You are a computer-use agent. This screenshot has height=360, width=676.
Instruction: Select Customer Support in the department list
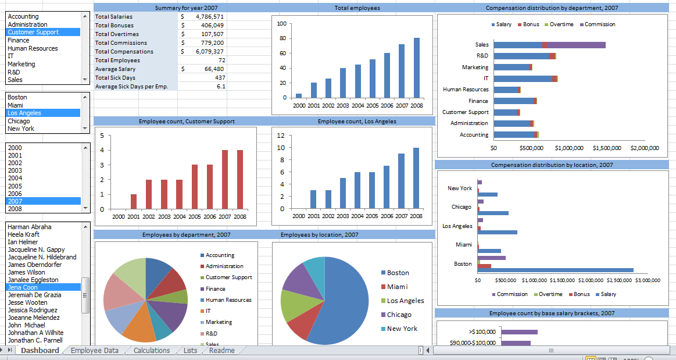tap(33, 33)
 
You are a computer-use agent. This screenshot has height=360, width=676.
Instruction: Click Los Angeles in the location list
tap(24, 113)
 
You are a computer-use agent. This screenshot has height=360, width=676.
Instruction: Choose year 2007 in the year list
tap(15, 201)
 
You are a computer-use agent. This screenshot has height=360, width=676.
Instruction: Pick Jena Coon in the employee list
tap(23, 287)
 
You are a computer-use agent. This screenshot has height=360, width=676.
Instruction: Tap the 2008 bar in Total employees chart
tap(416, 67)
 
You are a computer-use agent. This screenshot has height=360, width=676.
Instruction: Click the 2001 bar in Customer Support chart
tap(134, 201)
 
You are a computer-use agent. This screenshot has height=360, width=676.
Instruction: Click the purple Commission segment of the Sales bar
tap(576, 45)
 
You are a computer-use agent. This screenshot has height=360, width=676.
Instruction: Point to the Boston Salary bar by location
tap(555, 270)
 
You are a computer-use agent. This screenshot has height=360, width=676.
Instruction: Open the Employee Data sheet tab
tap(94, 351)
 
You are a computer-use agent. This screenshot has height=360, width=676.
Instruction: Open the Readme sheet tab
tap(221, 351)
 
